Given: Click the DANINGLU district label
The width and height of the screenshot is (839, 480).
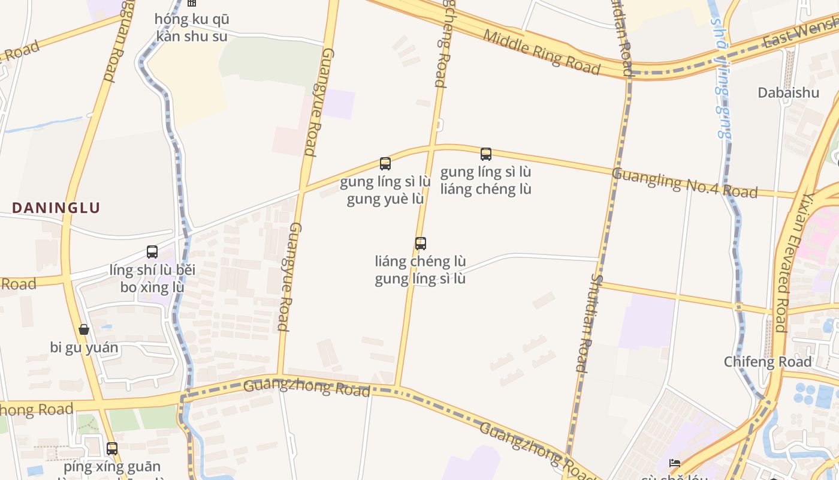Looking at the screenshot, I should click(x=56, y=208).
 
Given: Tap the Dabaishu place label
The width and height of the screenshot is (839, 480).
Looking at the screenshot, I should click(x=788, y=92).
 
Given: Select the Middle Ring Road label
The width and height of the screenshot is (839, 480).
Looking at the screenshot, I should click(x=541, y=52).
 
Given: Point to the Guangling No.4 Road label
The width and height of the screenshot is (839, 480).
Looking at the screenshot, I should click(x=684, y=182).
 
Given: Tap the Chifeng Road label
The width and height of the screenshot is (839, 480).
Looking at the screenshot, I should click(x=767, y=362).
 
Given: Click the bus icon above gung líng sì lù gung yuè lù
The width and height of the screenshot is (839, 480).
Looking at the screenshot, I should click(x=385, y=163).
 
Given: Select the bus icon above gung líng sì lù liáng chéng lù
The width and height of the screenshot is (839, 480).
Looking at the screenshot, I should click(x=486, y=154).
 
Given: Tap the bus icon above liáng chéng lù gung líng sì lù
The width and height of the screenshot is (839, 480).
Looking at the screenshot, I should click(x=421, y=244).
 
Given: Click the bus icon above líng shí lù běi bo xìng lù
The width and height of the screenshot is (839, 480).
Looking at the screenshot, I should click(x=152, y=252).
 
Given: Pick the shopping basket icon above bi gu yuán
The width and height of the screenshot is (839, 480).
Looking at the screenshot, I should click(x=84, y=329).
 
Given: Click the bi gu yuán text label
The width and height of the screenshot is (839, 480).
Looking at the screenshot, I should click(x=84, y=347).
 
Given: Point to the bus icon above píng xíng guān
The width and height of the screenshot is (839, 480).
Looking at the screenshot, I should click(x=112, y=448).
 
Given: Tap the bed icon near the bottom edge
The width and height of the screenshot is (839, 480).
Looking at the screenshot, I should click(x=675, y=463).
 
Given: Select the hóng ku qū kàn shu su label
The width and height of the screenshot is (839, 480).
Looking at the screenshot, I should click(x=192, y=28).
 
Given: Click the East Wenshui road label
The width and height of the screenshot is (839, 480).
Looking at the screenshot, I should click(x=800, y=34).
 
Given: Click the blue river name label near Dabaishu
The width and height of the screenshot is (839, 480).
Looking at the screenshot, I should click(x=722, y=78).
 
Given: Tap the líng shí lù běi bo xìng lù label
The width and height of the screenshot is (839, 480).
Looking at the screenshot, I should click(x=152, y=278).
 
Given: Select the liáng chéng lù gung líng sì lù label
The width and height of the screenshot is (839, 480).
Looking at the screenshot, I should click(x=421, y=270).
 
